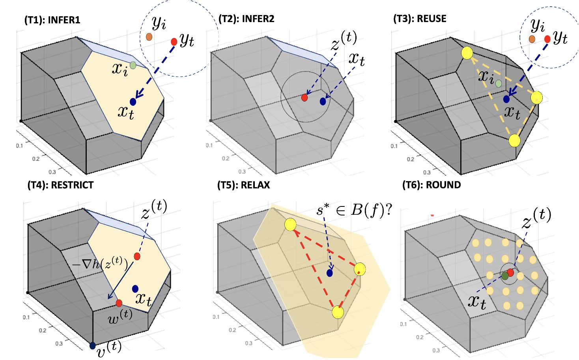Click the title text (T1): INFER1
52,20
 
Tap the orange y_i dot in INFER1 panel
149,37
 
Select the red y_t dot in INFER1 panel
174,41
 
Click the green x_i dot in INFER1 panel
133,65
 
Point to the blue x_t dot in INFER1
133,102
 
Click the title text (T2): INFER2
246,19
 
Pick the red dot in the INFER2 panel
304,97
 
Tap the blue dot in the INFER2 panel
323,101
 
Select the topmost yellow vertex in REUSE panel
467,53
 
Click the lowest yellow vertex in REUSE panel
514,140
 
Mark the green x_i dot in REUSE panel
499,83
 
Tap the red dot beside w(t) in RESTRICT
119,303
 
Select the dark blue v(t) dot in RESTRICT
93,346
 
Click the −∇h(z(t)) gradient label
100,264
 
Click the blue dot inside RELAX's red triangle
330,273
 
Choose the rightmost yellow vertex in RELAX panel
360,269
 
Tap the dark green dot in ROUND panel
505,276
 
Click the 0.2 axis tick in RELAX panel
232,330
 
